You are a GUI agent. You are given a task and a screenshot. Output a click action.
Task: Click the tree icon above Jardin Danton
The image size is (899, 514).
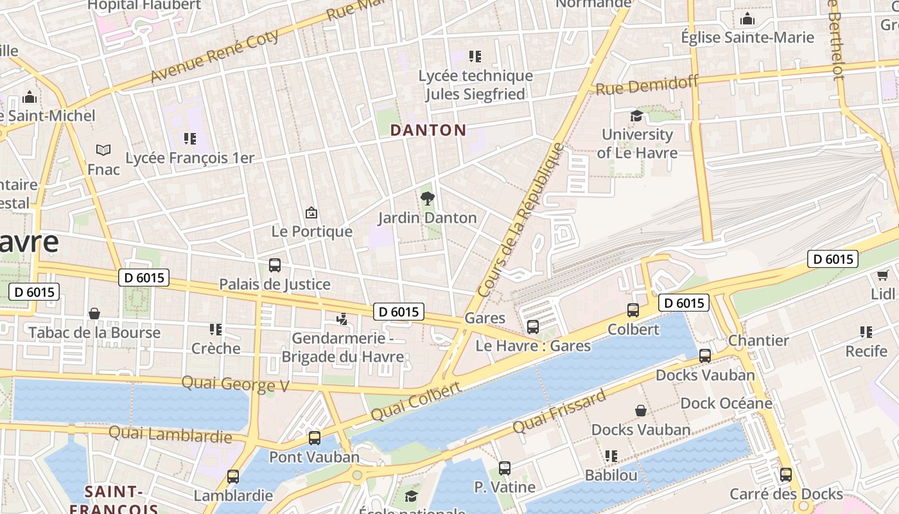(427, 198)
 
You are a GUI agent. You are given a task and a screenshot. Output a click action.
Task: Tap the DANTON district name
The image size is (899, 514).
(428, 130)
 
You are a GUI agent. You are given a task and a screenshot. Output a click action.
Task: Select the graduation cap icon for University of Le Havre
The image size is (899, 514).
(636, 116)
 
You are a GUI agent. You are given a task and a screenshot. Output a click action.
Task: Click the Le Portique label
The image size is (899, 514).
(312, 231)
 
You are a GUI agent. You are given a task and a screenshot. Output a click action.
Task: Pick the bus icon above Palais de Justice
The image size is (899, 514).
(275, 265)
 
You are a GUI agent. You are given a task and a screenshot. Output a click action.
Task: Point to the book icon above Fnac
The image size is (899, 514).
(103, 150)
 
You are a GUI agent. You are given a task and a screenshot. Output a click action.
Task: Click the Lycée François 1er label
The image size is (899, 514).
(190, 158)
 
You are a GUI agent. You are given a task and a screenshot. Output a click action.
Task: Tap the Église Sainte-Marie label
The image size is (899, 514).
(747, 37)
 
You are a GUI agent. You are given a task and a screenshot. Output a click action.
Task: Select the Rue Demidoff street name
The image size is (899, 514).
(647, 84)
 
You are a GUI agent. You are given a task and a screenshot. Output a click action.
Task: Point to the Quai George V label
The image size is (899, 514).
(235, 384)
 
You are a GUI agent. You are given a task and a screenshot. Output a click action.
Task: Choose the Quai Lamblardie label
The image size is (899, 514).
(170, 435)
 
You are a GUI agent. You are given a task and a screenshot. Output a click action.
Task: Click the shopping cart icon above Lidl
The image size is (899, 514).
(883, 275)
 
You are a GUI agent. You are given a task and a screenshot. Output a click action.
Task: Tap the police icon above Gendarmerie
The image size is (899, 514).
(342, 319)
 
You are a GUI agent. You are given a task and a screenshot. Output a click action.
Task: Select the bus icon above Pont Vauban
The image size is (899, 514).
(314, 438)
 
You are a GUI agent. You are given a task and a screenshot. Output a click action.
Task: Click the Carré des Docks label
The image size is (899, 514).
(786, 494)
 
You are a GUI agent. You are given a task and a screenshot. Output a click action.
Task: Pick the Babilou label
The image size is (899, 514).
(611, 475)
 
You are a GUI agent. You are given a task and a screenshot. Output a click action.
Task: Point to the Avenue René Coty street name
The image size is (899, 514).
(214, 56)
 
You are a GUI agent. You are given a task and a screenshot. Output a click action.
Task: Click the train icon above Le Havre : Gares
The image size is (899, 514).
(532, 327)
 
